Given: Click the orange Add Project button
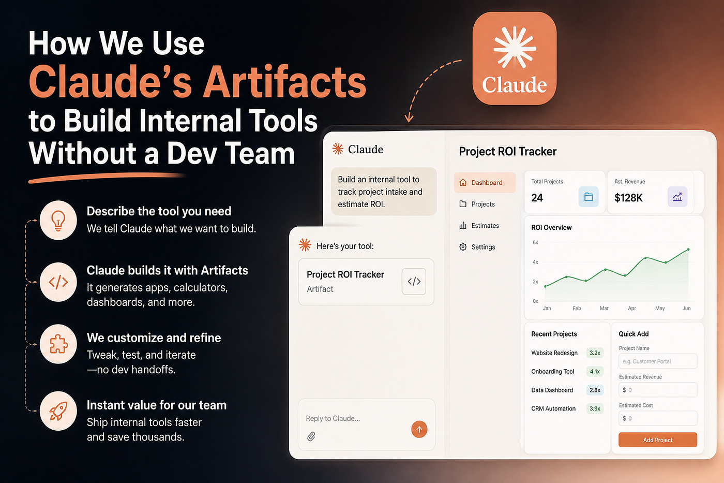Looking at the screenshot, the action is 657,440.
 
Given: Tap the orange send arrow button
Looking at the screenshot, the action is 419,429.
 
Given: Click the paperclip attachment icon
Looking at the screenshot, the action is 311,436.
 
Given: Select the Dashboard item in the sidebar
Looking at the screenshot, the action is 485,182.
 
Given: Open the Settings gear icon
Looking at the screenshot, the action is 463,247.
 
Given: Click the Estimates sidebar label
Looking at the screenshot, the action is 485,226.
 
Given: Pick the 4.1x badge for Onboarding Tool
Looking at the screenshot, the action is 595,371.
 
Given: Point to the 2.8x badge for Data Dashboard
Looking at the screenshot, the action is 595,390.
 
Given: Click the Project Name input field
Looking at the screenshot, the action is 658,361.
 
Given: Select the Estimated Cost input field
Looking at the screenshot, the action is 658,418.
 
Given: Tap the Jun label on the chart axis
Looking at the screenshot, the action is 687,309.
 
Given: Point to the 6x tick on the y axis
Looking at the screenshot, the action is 535,242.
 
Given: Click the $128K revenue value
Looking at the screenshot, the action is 628,198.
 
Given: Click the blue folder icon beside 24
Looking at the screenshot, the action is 589,197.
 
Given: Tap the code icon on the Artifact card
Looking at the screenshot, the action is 414,282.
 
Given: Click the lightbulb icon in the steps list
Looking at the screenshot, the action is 58,221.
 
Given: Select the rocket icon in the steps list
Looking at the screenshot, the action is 58,411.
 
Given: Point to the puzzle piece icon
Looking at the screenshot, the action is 58,344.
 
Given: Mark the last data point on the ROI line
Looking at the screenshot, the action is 688,250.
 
